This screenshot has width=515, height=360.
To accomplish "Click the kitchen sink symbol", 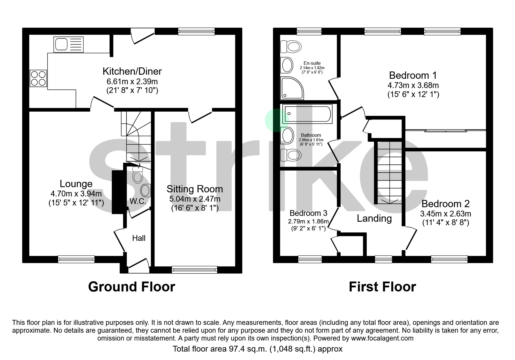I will click(x=68, y=44).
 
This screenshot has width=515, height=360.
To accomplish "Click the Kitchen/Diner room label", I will click(x=132, y=71).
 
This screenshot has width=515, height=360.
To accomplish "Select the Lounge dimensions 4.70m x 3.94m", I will click(x=76, y=194).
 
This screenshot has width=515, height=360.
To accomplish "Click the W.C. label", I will click(x=138, y=201).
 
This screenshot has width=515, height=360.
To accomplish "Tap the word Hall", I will click(x=139, y=238).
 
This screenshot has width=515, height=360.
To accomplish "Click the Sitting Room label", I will click(x=195, y=189).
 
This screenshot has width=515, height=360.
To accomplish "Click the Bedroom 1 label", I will click(x=413, y=76).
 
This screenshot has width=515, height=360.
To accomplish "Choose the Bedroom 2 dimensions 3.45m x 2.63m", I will click(x=445, y=214).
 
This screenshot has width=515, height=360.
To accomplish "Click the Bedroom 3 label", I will click(x=308, y=213).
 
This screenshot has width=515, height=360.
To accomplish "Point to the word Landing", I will click(x=374, y=218).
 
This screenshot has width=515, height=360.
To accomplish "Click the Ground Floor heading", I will click(x=131, y=287).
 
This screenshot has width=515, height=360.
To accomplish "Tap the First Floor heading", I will click(x=382, y=287).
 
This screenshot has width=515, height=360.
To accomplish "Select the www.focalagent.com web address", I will click(x=382, y=338).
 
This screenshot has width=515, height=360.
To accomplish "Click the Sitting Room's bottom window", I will click(x=195, y=270).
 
